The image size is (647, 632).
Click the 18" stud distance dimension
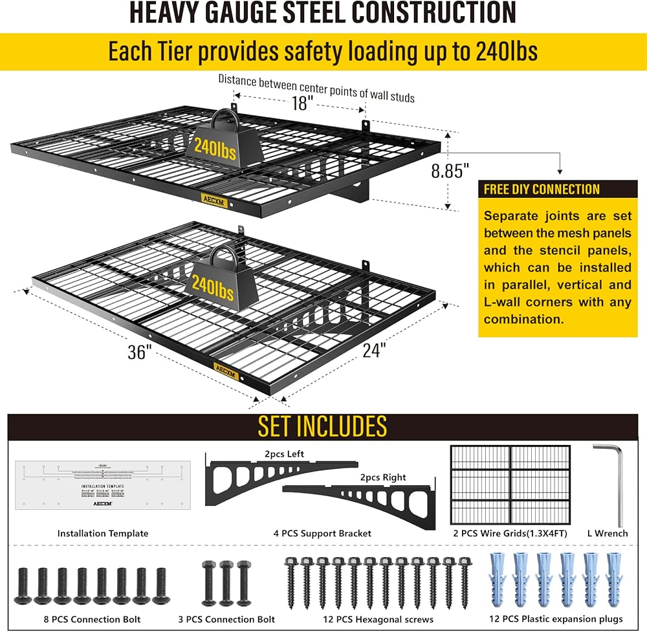coord(301,102)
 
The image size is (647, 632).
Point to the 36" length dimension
coord(140,353)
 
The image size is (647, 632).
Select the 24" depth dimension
coord(373,350)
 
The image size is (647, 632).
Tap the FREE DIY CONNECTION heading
coord(542,190)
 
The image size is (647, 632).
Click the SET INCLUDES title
coord(322,426)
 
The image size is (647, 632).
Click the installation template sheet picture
coord(102,485)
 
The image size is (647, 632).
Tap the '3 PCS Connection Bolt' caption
coord(226,619)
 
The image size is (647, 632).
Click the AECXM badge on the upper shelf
coord(214,199)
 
